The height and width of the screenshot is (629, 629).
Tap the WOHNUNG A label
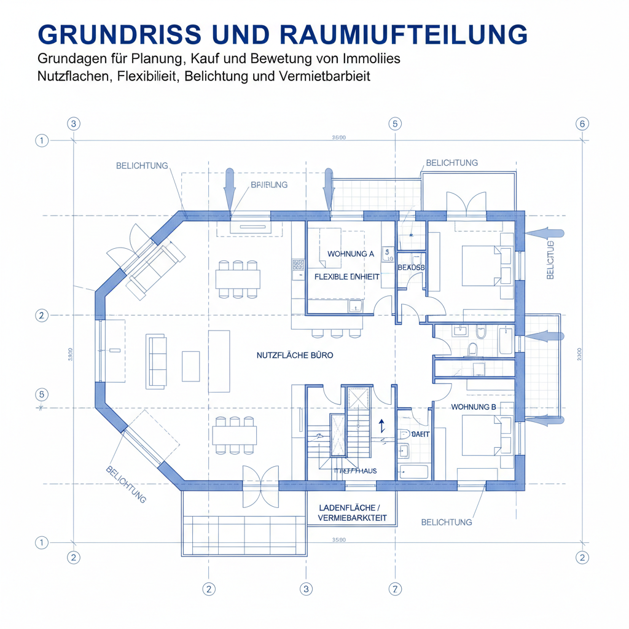350,254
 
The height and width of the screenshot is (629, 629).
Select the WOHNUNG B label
473,407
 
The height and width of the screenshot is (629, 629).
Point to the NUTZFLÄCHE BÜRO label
295,355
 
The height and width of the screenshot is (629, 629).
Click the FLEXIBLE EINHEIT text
346,277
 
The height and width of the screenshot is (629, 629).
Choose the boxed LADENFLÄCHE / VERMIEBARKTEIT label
352,513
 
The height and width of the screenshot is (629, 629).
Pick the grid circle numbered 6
582,123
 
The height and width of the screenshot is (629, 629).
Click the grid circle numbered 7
395,588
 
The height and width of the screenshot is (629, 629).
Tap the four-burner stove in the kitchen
298,265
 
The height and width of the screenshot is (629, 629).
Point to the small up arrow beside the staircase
381,426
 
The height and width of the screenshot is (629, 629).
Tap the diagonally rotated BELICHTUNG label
126,485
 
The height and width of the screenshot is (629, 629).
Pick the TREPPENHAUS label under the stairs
355,471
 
